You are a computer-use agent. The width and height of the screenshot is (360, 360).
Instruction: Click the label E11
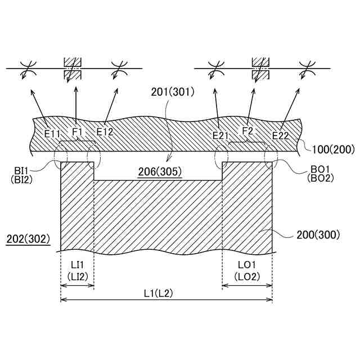point(52,134)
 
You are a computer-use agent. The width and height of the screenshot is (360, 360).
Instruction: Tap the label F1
point(77,132)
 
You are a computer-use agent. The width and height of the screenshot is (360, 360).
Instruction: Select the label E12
point(105,132)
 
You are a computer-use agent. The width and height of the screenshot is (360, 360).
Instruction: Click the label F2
point(248,131)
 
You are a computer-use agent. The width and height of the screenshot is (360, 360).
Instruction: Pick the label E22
point(281,135)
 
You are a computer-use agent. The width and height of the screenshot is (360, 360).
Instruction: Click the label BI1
point(24,169)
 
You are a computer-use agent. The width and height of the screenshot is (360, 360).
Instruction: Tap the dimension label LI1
point(76,264)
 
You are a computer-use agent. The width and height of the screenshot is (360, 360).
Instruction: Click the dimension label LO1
point(247,264)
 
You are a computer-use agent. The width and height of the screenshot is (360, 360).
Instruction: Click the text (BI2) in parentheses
point(24,179)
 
